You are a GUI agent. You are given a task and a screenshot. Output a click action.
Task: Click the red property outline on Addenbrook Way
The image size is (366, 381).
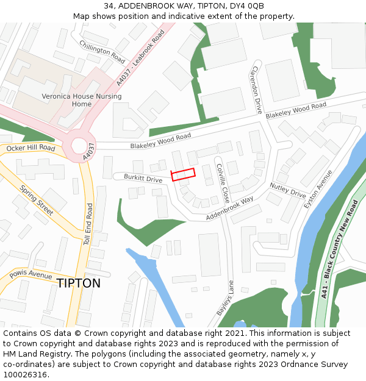point(183,174)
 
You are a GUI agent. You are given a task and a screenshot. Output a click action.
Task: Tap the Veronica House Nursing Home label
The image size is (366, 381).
point(81,100)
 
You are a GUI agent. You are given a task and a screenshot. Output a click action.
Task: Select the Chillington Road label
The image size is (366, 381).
point(102,52)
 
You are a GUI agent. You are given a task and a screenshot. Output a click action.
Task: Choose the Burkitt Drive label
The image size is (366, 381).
point(143,180)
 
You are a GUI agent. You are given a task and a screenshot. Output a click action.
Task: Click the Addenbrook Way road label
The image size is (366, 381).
point(229,208)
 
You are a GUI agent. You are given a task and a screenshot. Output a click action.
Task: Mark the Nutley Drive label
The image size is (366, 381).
point(287,191)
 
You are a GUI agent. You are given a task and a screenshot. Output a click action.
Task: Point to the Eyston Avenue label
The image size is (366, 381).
point(318,188)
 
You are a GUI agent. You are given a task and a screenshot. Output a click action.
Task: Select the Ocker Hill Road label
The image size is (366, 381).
point(30,148)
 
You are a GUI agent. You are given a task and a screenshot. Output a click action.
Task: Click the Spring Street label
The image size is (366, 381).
point(37,201)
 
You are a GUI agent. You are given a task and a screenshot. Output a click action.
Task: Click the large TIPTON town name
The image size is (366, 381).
point(79,283)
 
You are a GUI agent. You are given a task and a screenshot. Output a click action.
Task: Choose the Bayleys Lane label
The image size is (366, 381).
point(224,298)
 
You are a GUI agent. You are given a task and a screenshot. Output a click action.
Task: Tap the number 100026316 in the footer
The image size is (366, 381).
point(25,374)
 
